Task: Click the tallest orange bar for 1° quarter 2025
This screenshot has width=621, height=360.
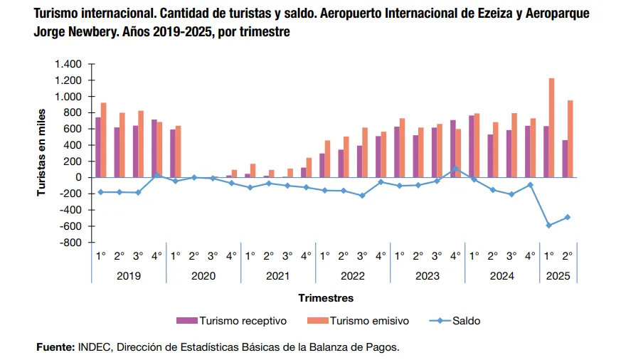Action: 551,128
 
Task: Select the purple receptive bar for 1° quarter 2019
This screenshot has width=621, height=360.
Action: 98,147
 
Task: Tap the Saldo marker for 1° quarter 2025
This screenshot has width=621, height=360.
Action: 548,226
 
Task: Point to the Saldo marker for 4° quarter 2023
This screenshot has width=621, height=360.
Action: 455,169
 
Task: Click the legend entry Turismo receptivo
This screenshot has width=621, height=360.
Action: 234,321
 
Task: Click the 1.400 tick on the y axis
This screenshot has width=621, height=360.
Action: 68,64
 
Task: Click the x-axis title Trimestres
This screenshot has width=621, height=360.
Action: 326,298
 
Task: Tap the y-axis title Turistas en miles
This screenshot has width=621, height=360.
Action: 42,152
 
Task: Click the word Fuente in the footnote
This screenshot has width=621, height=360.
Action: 55,347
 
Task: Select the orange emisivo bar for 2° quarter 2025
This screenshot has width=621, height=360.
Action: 570,139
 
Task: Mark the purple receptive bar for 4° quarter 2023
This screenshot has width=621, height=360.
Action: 452,149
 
